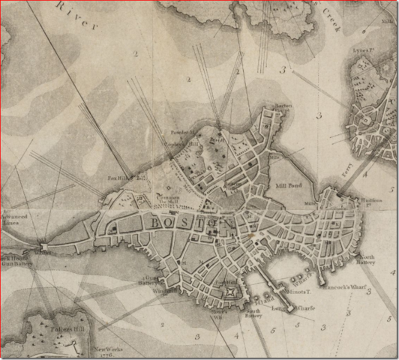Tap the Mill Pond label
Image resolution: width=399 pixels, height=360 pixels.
[287, 184]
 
